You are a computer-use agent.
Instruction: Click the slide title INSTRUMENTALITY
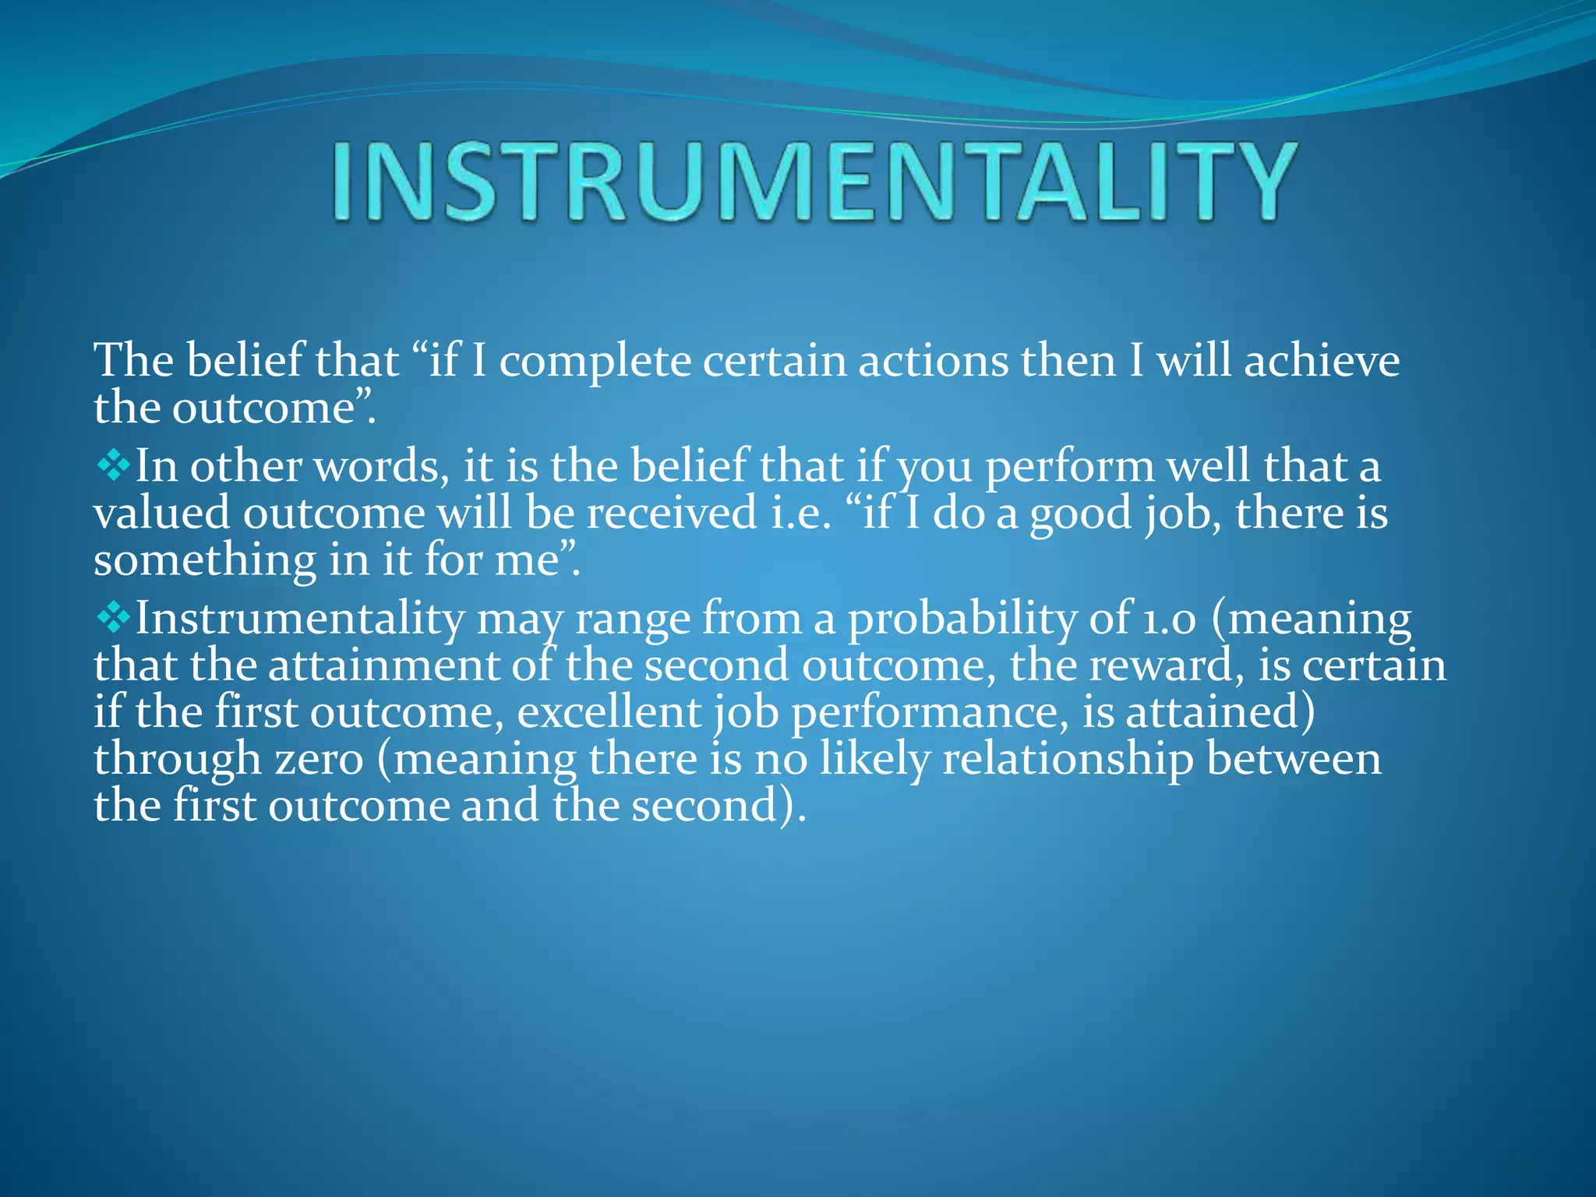click(814, 182)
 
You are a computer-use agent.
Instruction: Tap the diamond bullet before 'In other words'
click(114, 466)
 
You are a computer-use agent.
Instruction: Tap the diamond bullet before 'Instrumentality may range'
click(114, 618)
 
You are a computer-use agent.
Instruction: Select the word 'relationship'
click(1068, 760)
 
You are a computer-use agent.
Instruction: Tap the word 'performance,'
click(930, 713)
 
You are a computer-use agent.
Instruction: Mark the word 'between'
click(1294, 759)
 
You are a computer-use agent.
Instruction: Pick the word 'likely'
click(874, 760)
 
